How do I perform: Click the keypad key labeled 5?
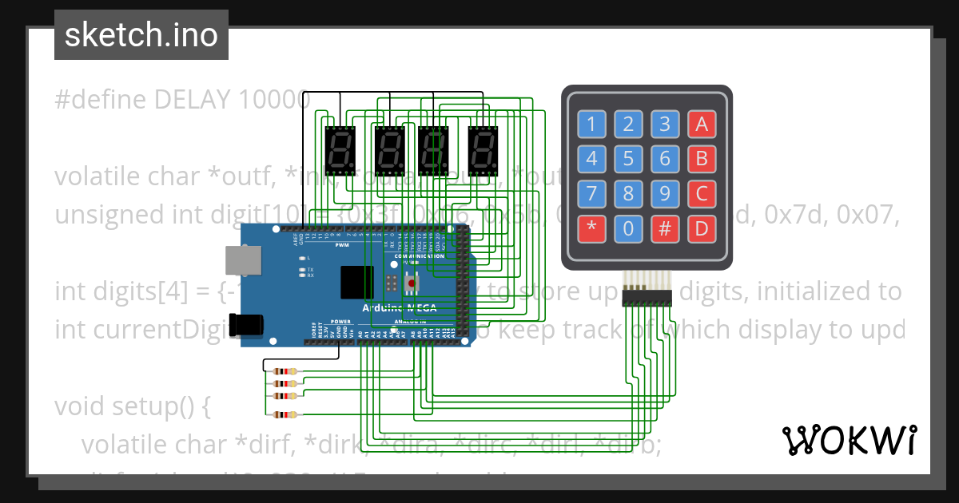[x=628, y=158]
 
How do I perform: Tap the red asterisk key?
[x=591, y=229]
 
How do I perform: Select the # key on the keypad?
[x=665, y=229]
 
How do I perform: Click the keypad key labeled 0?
[x=628, y=229]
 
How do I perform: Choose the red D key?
[x=702, y=229]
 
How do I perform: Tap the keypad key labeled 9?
[x=665, y=194]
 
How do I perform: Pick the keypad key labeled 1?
[x=591, y=124]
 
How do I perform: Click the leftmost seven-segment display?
[x=340, y=149]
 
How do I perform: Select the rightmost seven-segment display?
[x=483, y=149]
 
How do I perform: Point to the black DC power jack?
[x=243, y=323]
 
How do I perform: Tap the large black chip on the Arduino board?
[x=356, y=282]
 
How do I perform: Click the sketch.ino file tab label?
[x=141, y=35]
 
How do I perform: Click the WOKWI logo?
[x=849, y=440]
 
